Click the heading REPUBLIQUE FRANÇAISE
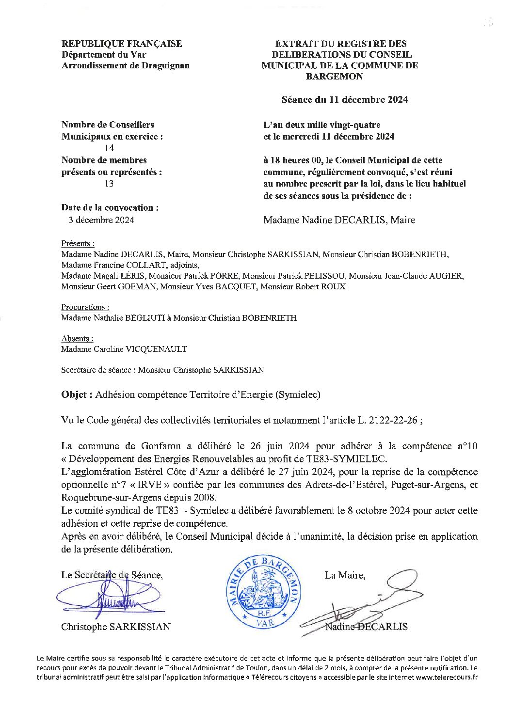pyautogui.click(x=122, y=44)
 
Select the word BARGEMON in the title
pyautogui.click(x=334, y=76)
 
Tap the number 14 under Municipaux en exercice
pyautogui.click(x=110, y=148)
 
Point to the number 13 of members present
pyautogui.click(x=110, y=184)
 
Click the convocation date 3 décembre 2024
pyautogui.click(x=101, y=220)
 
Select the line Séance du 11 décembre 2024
pyautogui.click(x=344, y=99)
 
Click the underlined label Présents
pyautogui.click(x=77, y=243)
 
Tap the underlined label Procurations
pyautogui.click(x=84, y=307)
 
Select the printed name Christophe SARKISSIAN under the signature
pyautogui.click(x=115, y=627)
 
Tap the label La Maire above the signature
pyautogui.click(x=344, y=575)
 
